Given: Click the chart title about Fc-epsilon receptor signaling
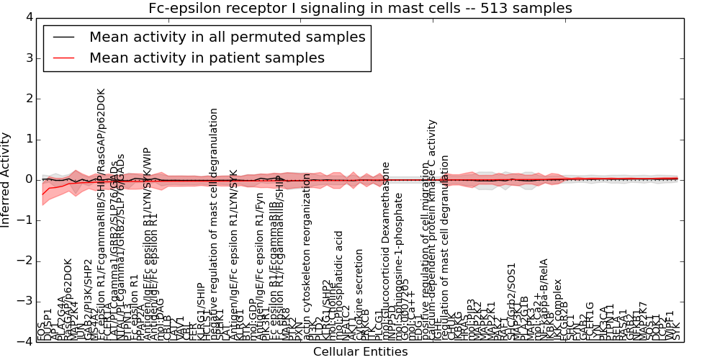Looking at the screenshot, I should tap(360, 8).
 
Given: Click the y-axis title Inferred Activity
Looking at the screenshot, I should tap(6, 179).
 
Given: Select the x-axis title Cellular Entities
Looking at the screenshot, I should tap(360, 352).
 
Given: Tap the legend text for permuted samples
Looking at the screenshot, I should tap(227, 37).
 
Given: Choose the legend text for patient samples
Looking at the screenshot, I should tap(207, 58).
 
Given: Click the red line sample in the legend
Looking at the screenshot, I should tap(63, 58).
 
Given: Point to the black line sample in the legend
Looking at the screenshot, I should tap(63, 37).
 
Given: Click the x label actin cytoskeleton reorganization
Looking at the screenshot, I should tap(307, 256).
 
